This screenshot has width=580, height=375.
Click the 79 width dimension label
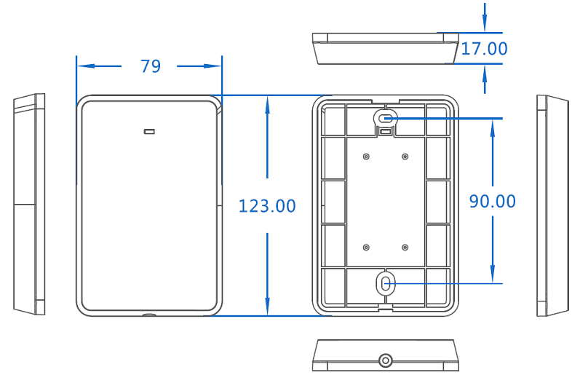click(151, 66)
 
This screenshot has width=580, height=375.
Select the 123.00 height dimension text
click(267, 206)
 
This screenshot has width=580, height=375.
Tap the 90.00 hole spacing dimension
click(493, 202)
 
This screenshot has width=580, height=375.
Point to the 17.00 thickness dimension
click(484, 49)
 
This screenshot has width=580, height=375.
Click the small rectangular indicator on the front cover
click(149, 131)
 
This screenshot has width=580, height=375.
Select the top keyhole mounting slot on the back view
click(386, 119)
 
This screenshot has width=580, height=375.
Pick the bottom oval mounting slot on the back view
click(386, 284)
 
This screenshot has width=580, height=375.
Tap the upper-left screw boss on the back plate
click(366, 157)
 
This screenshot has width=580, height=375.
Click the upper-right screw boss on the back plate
click(405, 157)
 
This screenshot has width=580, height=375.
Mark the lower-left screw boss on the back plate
click(366, 248)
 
